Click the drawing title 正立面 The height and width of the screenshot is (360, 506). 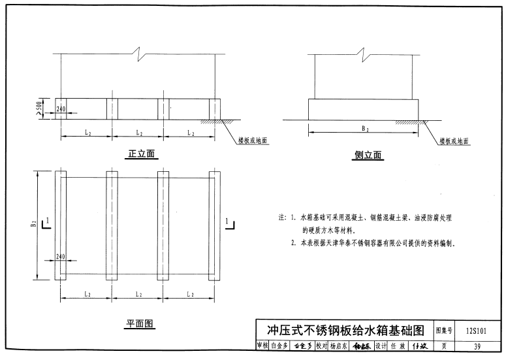pyautogui.click(x=142, y=154)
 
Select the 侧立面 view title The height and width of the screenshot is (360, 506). pyautogui.click(x=368, y=155)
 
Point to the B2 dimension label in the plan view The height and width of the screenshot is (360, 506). pyautogui.click(x=34, y=224)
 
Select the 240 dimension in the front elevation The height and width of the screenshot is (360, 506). pyautogui.click(x=61, y=109)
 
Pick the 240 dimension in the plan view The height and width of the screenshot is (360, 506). pyautogui.click(x=61, y=257)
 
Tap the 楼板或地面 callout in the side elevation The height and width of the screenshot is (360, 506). pyautogui.click(x=454, y=140)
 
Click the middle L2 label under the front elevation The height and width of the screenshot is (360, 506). pyautogui.click(x=139, y=133)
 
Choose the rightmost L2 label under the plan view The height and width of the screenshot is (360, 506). pyautogui.click(x=190, y=295)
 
